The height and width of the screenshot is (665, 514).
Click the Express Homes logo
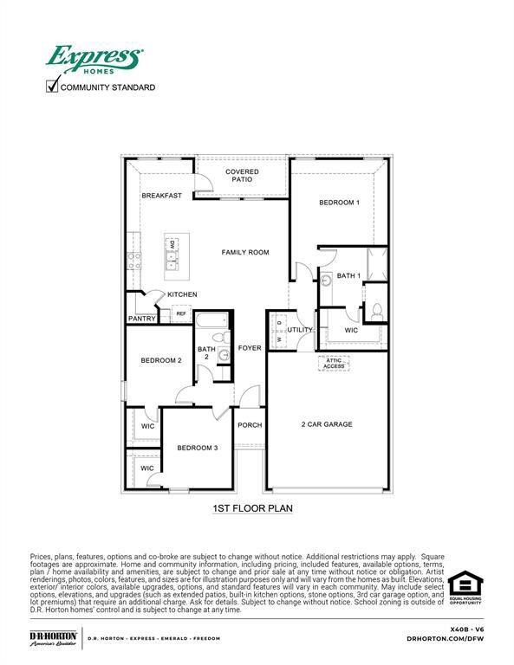coord(94,60)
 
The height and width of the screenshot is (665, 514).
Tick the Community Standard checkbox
coord(52,86)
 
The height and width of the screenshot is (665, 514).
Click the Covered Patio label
coord(242,177)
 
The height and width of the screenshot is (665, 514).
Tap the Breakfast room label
coord(162,196)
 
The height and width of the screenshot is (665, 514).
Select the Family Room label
coord(245,252)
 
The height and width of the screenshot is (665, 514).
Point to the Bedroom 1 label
coord(339,202)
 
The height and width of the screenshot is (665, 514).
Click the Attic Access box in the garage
coord(334,363)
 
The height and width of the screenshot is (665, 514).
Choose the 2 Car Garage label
coord(327,424)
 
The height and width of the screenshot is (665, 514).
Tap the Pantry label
coord(141,319)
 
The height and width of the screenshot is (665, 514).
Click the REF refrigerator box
coord(181,313)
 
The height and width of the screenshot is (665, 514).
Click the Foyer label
coord(250,348)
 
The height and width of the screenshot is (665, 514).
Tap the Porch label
coord(250,425)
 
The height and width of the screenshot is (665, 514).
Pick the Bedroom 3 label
coord(198,448)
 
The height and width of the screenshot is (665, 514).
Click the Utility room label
coord(300,330)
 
